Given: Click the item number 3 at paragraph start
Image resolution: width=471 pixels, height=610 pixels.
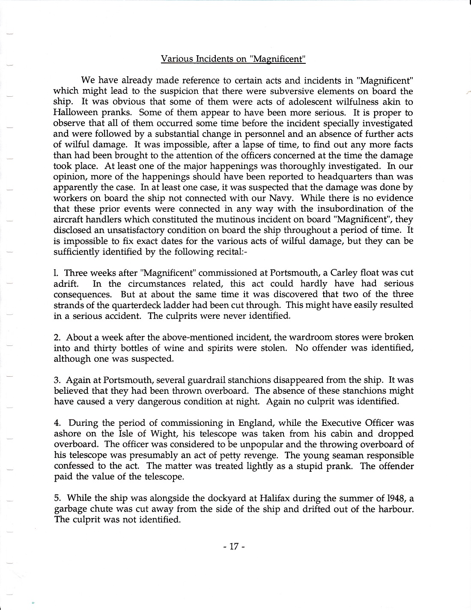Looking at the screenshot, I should pyautogui.click(x=56, y=380).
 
